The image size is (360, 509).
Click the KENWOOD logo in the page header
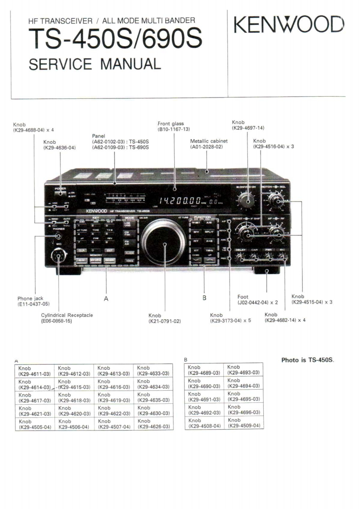[x=289, y=25]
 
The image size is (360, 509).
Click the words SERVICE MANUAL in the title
[x=94, y=64]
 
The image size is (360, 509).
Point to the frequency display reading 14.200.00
[x=179, y=200]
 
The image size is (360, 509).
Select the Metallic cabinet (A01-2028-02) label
[x=208, y=144]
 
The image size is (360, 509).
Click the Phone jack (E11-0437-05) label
[x=34, y=301]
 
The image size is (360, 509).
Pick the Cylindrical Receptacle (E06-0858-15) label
[x=67, y=318]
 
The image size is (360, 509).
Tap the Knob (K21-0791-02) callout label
[x=164, y=318]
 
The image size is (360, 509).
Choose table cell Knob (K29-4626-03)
[x=153, y=424]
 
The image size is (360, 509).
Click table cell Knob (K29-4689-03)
[x=204, y=370]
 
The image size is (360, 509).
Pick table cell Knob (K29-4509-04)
[x=243, y=423]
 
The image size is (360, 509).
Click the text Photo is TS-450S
[x=307, y=360]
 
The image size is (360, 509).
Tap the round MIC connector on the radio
[x=58, y=256]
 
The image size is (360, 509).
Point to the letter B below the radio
[x=204, y=298]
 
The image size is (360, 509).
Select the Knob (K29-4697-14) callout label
[x=248, y=125]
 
